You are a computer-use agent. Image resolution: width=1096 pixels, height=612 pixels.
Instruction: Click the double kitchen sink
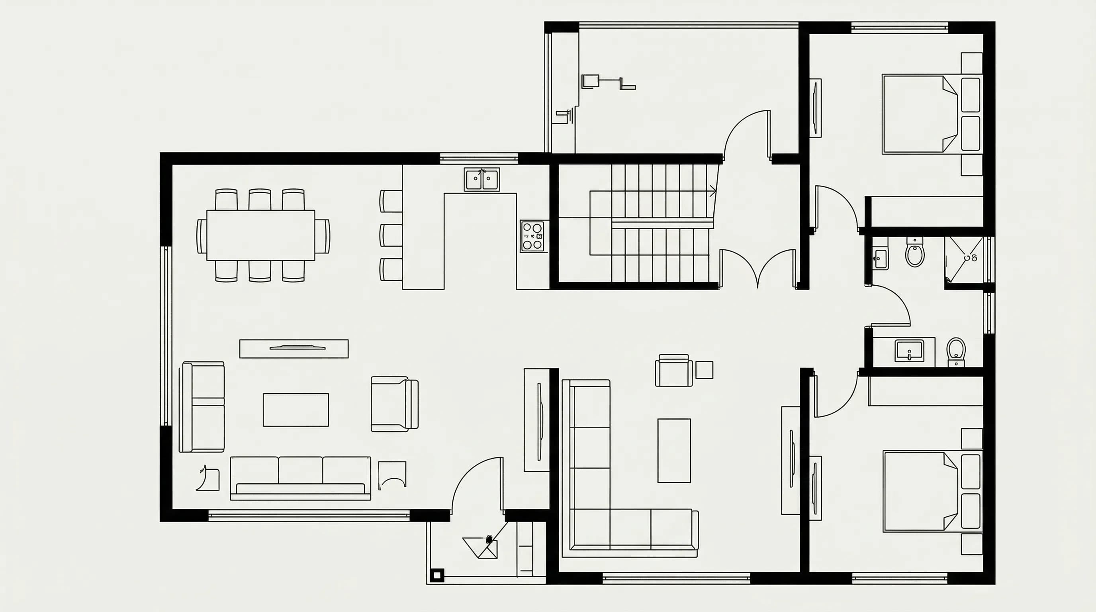481,180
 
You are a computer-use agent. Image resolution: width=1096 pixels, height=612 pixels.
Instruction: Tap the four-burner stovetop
532,236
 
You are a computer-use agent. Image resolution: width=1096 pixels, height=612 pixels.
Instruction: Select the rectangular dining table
260,235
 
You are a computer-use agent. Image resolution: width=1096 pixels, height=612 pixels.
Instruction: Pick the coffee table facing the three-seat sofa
296,410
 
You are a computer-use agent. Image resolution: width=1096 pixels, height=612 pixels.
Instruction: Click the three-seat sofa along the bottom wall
300,478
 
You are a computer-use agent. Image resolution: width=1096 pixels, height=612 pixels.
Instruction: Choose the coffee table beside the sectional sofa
674,450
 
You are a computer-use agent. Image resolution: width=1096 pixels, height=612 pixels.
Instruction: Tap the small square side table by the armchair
704,369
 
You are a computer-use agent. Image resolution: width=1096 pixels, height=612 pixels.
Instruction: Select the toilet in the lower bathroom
956,351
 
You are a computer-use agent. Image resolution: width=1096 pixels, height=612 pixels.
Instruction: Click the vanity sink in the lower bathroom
909,350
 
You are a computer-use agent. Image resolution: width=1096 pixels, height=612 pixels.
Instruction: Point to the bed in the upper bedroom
919,114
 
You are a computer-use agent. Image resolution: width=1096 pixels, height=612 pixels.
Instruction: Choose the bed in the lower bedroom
919,492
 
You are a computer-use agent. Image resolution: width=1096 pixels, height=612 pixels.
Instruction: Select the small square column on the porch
436,575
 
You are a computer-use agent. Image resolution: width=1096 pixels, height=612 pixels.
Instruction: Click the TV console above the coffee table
294,349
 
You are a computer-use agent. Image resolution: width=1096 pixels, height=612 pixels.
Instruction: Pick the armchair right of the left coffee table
393,404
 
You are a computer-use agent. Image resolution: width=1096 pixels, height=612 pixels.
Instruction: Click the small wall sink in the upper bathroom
880,258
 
